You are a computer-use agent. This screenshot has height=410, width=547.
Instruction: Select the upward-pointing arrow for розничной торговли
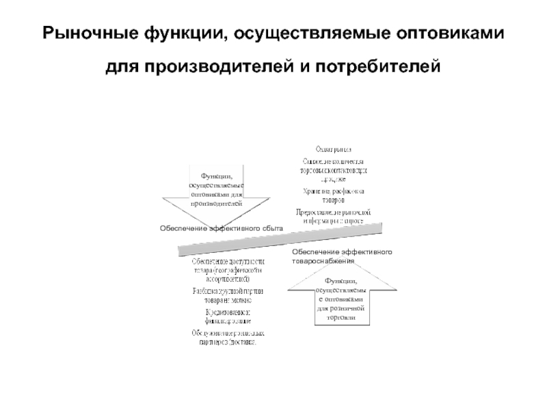(x=341, y=301)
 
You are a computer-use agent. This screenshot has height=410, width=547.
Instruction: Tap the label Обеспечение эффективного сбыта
(x=212, y=228)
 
